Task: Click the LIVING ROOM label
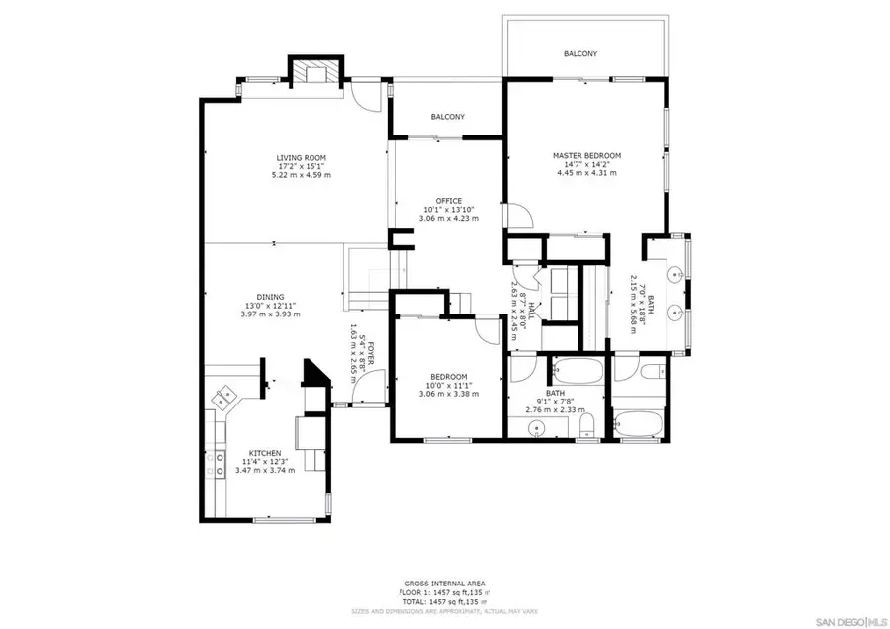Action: click(x=302, y=158)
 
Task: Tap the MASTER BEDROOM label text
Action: click(x=586, y=155)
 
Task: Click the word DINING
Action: click(x=270, y=297)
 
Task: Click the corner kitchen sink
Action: click(x=225, y=397)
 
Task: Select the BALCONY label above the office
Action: click(x=448, y=117)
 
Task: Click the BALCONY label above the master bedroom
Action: click(x=580, y=53)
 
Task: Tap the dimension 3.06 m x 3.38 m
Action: click(x=448, y=394)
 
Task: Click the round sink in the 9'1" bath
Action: click(x=537, y=427)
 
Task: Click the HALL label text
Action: click(x=531, y=309)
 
